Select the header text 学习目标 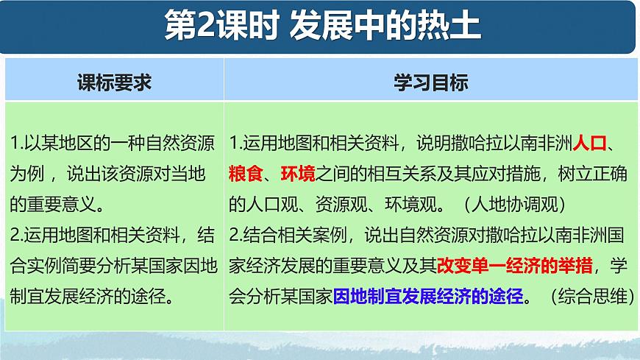(431, 82)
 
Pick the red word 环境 (299, 174)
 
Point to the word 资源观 (333, 205)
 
